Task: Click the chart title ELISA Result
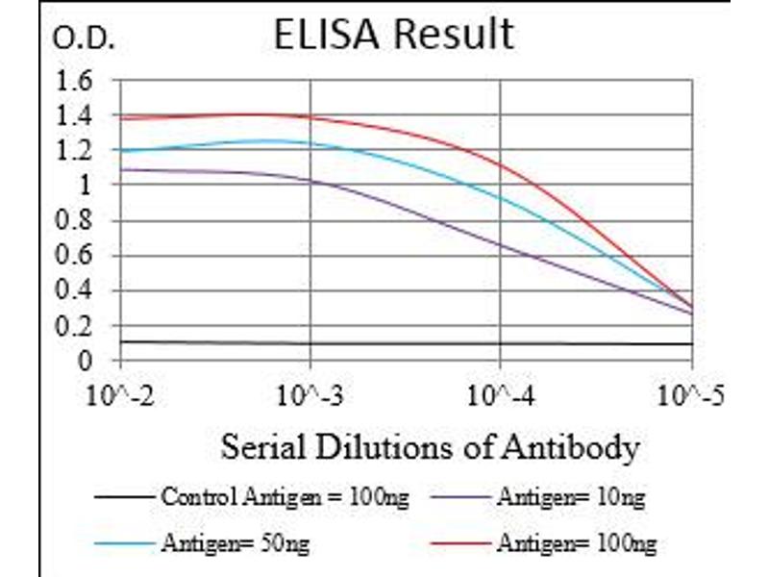(x=393, y=35)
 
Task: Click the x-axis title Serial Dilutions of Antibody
(x=430, y=447)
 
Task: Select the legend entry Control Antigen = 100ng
(x=285, y=498)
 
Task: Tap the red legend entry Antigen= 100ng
(x=576, y=544)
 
